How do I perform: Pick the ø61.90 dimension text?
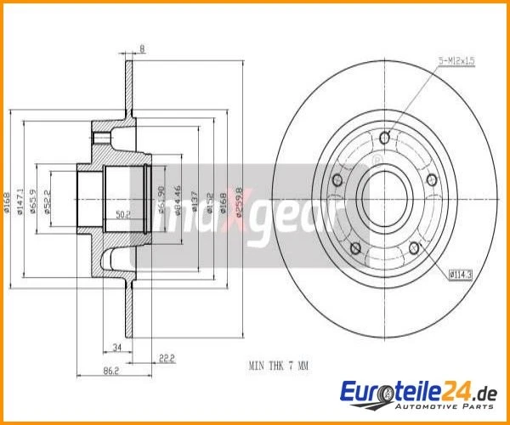(160, 201)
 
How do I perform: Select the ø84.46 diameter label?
(177, 201)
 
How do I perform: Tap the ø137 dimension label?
(195, 201)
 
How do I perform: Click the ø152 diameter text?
(210, 201)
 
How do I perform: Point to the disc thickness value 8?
(142, 49)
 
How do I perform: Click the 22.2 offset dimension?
(166, 358)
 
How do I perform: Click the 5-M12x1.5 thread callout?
(457, 61)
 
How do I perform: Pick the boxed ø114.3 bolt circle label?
(460, 273)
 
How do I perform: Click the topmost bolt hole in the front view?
(384, 138)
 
